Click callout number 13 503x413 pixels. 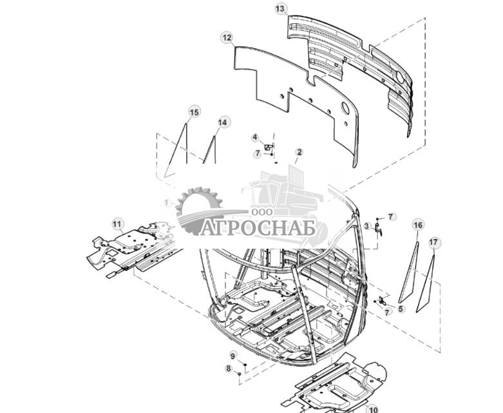[280, 8]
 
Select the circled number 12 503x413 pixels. [226, 38]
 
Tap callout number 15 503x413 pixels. [194, 112]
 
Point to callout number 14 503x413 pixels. [223, 122]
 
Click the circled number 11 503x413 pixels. [117, 224]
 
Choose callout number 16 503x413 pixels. [418, 225]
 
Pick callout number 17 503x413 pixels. [433, 242]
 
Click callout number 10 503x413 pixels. [373, 408]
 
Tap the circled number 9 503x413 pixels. [233, 356]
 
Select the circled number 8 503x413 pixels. [228, 369]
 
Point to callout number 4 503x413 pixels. [254, 137]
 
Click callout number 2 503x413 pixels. [299, 153]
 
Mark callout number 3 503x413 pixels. [366, 226]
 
